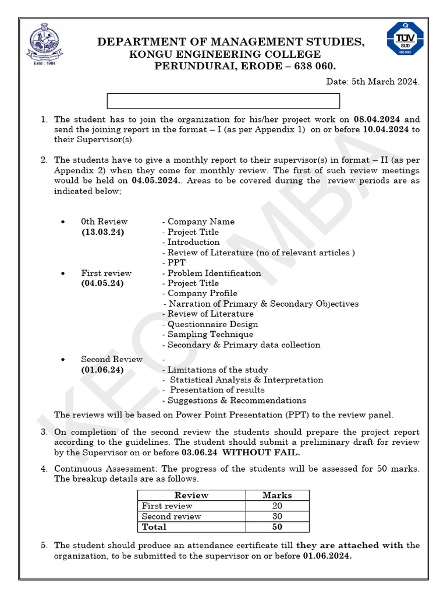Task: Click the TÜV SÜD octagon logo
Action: [x=405, y=38]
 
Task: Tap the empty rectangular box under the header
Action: [x=223, y=101]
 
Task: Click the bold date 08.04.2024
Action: [x=378, y=119]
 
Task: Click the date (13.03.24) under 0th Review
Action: [x=102, y=232]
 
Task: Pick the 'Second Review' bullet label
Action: [x=112, y=359]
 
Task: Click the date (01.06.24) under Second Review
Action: [x=102, y=370]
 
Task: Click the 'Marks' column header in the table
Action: [x=277, y=495]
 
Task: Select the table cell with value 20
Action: [x=277, y=505]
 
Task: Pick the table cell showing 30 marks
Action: [x=277, y=516]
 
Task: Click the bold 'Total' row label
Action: [x=154, y=526]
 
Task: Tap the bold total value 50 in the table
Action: [x=277, y=526]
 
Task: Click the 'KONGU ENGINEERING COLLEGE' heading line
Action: [x=225, y=54]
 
